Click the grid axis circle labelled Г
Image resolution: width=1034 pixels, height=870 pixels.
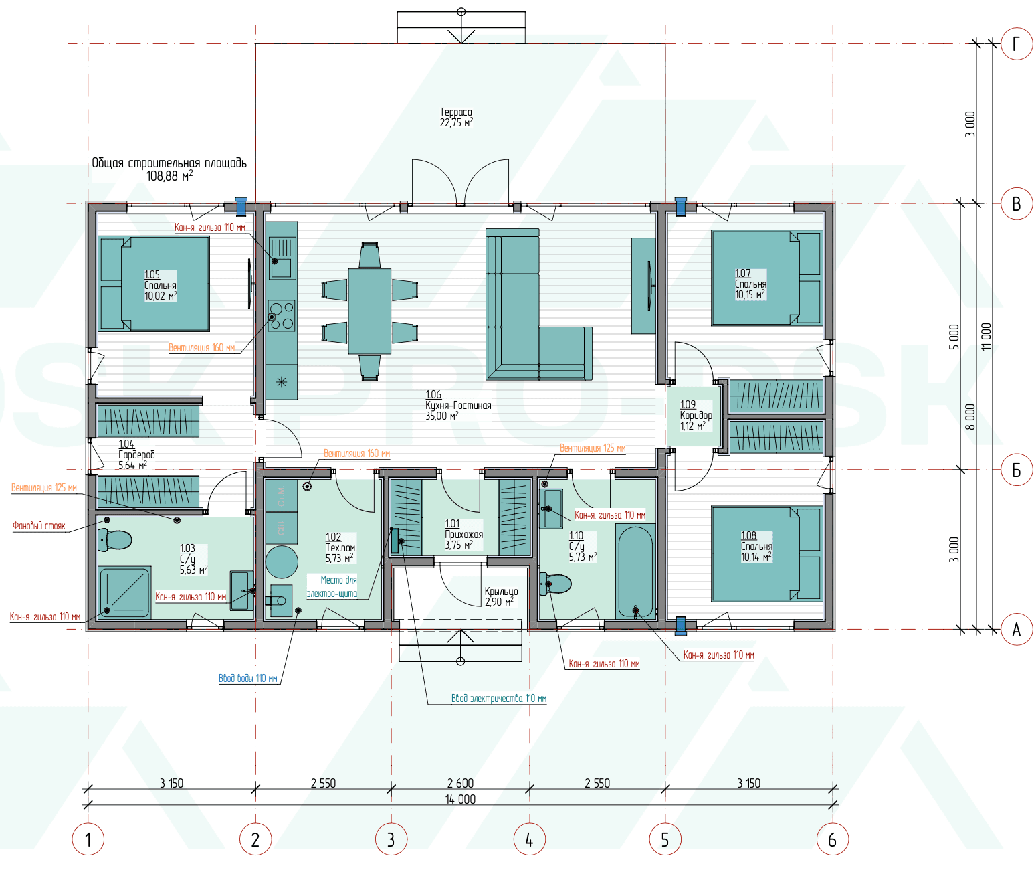click(x=1016, y=43)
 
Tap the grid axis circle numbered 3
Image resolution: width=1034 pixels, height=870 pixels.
click(x=391, y=839)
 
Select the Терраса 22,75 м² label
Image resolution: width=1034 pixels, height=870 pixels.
click(x=455, y=117)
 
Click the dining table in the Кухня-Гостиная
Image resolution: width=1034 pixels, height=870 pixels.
click(x=369, y=311)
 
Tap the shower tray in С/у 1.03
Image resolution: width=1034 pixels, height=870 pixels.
click(x=124, y=592)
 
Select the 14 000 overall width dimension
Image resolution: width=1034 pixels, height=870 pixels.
click(x=460, y=799)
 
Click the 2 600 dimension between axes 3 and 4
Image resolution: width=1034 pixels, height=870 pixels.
click(x=460, y=783)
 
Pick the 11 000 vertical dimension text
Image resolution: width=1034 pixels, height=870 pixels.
click(x=985, y=337)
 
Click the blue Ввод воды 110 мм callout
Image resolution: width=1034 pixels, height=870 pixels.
click(x=248, y=678)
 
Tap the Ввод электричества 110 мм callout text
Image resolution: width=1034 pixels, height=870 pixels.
click(x=499, y=699)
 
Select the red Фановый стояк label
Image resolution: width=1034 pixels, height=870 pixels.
click(x=39, y=525)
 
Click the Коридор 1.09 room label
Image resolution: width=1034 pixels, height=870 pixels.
click(x=696, y=415)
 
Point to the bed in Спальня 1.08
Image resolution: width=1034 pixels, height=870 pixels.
click(x=766, y=553)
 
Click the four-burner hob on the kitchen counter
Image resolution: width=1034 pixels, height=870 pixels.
click(x=282, y=316)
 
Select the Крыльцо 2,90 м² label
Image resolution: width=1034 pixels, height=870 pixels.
click(x=501, y=596)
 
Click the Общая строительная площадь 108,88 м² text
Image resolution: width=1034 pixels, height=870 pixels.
click(x=169, y=169)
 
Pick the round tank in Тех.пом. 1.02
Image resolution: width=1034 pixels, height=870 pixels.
click(x=282, y=562)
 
